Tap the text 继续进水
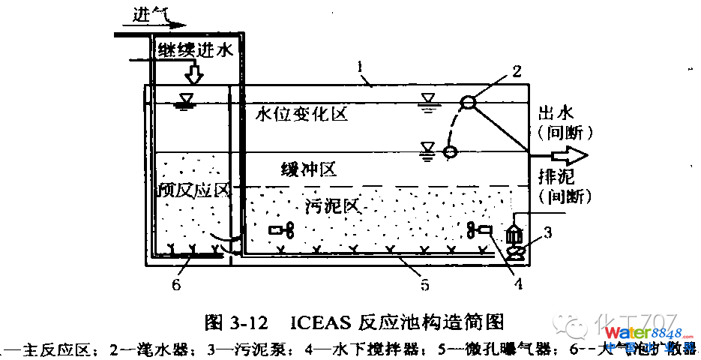196,50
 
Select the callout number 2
516,71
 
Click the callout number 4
517,283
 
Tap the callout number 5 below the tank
424,284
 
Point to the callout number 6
176,284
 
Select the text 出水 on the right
556,113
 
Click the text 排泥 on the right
556,177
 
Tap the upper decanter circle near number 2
467,102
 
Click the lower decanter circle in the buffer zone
450,152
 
